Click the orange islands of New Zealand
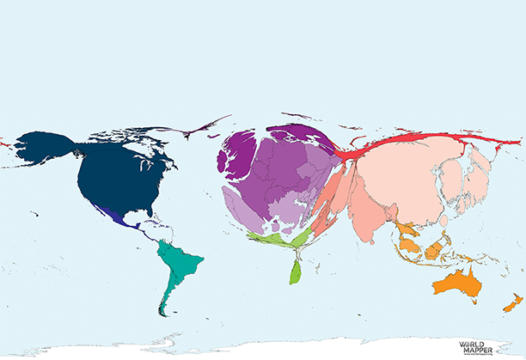coord(511,303)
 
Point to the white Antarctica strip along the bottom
coord(258,351)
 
